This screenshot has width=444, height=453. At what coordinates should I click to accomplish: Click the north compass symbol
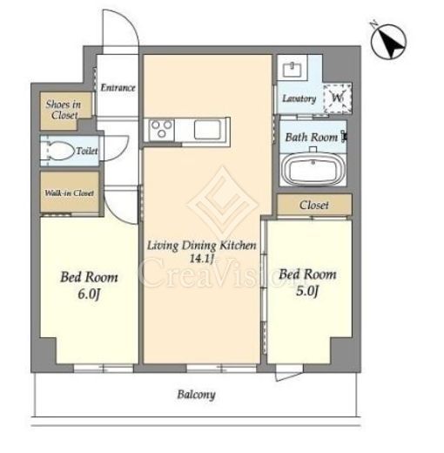[x=388, y=41]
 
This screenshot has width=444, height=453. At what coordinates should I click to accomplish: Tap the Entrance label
[x=118, y=87]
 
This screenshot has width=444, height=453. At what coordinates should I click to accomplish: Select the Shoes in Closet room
[x=64, y=111]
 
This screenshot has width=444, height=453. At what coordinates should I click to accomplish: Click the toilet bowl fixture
[x=59, y=151]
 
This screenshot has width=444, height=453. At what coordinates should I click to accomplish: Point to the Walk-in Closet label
[x=69, y=193]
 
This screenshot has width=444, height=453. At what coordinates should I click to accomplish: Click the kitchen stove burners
[x=162, y=130]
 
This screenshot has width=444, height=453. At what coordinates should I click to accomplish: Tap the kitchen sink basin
[x=207, y=130]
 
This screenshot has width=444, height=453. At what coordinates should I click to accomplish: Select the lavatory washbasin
[x=293, y=70]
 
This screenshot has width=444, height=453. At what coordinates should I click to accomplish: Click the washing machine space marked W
[x=337, y=98]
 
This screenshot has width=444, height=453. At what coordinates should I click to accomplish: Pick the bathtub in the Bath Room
[x=313, y=169]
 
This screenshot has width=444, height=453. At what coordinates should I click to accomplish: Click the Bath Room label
[x=312, y=137]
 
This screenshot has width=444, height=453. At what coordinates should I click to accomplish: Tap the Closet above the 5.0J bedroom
[x=314, y=205]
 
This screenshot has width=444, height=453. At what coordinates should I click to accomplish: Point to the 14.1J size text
[x=201, y=258]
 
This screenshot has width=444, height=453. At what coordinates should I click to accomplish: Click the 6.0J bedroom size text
[x=89, y=294]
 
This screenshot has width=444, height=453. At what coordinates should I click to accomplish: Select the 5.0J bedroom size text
[x=307, y=291]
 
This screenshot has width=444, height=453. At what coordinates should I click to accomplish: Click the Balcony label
[x=197, y=395]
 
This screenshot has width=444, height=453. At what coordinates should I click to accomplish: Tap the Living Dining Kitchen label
[x=202, y=246]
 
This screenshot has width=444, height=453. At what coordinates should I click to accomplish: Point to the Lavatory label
[x=299, y=98]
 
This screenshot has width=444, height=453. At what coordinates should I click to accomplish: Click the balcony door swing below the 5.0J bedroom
[x=289, y=376]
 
